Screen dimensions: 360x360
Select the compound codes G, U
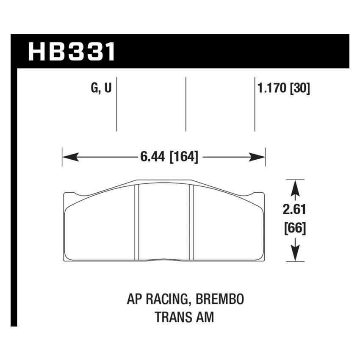pyautogui.click(x=101, y=89)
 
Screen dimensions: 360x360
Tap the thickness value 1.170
pyautogui.click(x=271, y=89)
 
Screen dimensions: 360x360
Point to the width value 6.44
pyautogui.click(x=153, y=157)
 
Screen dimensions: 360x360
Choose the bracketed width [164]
pyautogui.click(x=184, y=157)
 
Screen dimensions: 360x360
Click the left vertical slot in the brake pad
pyautogui.click(x=137, y=222)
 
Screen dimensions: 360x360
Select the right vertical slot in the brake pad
pyautogui.click(x=191, y=222)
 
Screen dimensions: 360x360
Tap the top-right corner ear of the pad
pyautogui.click(x=258, y=196)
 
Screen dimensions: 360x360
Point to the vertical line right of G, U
pyautogui.click(x=116, y=104)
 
